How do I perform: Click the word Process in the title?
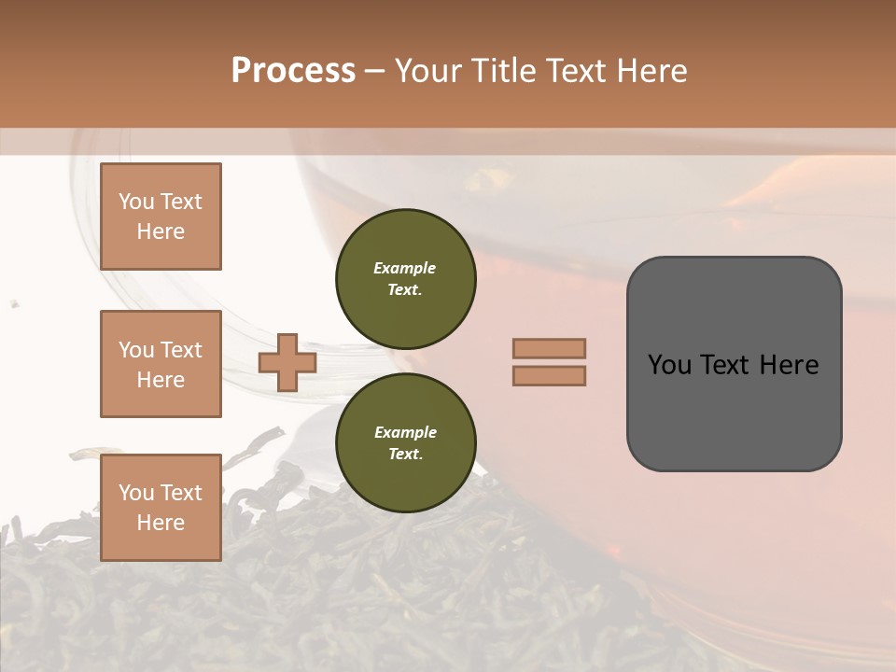[293, 71]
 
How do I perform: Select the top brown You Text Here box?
[161, 217]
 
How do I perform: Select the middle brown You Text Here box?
[161, 364]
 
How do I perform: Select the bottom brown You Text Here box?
[161, 507]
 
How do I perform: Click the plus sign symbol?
[287, 361]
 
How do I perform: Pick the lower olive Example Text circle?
[405, 442]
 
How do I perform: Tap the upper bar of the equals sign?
[549, 348]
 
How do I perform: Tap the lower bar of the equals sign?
[549, 375]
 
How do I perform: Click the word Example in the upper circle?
[405, 268]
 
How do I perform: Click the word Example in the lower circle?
[405, 432]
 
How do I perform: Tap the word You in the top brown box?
[136, 202]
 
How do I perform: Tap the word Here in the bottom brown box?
[161, 523]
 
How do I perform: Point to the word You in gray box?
[668, 365]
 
